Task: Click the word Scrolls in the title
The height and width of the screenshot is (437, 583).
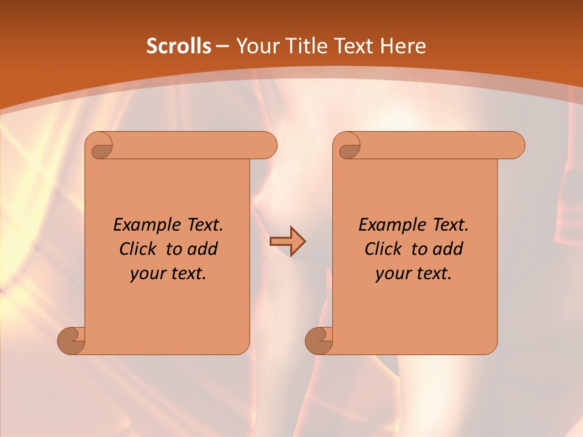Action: click(179, 46)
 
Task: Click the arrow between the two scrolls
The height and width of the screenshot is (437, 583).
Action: click(287, 241)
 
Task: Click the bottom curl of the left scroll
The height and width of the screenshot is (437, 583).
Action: click(71, 340)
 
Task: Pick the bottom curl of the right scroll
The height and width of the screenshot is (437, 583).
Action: click(319, 340)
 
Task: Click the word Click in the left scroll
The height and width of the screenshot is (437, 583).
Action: click(137, 249)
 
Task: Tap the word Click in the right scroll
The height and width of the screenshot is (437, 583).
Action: click(383, 249)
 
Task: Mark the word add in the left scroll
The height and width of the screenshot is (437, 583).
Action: click(203, 249)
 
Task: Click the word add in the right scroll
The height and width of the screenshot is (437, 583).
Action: click(448, 249)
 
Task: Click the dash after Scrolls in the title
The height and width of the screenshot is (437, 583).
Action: click(222, 47)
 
